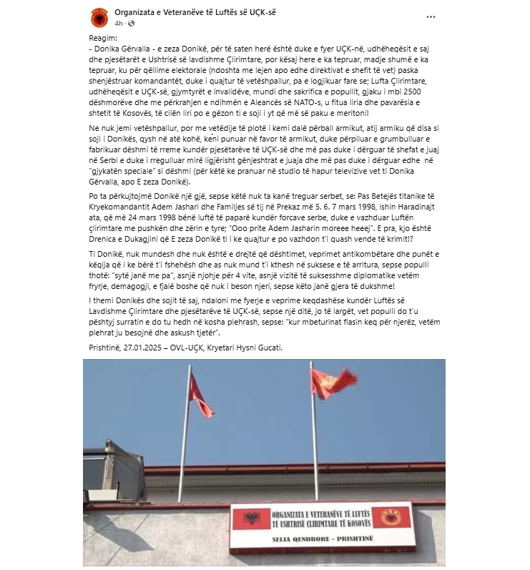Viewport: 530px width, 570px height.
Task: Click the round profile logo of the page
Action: coord(99,18)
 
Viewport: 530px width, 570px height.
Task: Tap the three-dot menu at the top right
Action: coord(431,15)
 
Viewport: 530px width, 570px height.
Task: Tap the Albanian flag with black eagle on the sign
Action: coord(251,520)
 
